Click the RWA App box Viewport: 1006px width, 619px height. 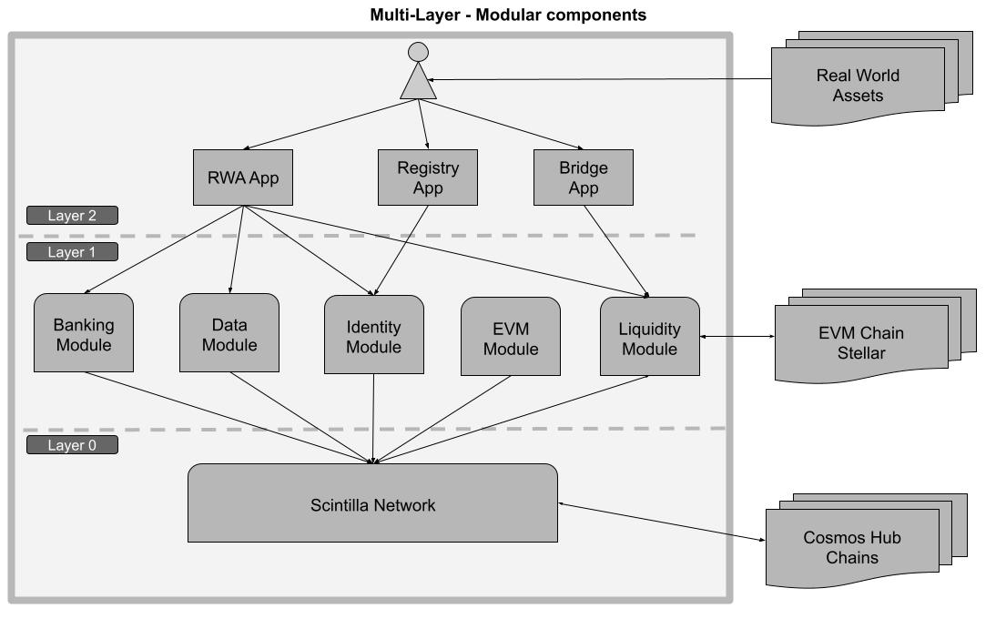[x=241, y=177]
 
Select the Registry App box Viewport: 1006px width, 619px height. [x=428, y=177]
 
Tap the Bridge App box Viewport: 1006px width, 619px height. [x=583, y=177]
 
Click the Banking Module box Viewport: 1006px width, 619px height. [x=83, y=333]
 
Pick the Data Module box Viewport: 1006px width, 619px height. [x=229, y=333]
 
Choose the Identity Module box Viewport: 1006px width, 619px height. [x=373, y=334]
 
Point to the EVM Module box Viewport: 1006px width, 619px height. [x=510, y=336]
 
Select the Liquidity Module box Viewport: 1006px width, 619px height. [x=650, y=336]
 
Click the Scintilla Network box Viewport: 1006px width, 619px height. [x=372, y=503]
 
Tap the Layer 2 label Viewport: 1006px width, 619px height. [x=72, y=216]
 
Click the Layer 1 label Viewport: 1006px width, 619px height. [x=72, y=252]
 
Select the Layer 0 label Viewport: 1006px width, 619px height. [x=72, y=446]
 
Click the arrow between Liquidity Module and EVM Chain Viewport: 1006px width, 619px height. [x=737, y=338]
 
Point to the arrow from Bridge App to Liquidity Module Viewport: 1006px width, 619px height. [x=615, y=251]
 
